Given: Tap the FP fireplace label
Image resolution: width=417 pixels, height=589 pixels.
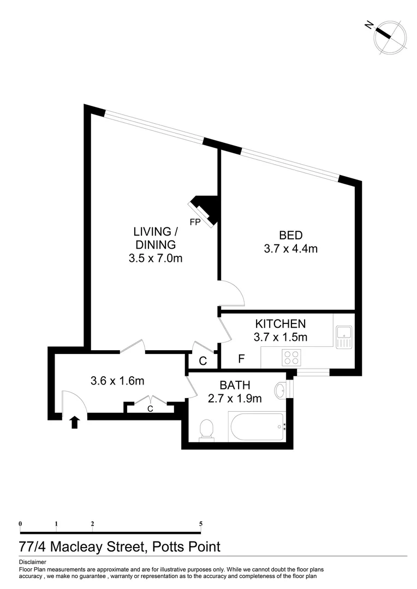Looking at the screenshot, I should coord(195,222).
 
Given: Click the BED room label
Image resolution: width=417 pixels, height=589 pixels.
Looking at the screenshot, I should coord(291,236).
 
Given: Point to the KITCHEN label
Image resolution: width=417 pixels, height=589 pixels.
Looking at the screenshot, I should coord(281,324).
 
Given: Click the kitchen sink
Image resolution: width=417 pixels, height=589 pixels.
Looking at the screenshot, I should coord(344,337).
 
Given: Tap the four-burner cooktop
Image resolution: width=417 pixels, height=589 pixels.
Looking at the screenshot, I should coord(291,357).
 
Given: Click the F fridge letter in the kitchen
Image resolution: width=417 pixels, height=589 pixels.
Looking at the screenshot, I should coord(241,359).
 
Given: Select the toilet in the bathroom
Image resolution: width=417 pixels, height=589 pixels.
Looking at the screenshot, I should coord(207,428).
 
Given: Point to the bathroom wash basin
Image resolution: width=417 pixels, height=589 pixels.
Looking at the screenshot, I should coord(282,390).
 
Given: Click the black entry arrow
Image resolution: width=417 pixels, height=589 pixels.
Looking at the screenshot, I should coord(75,422).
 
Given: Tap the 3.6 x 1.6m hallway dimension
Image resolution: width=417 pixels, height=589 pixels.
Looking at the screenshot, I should coord(117,381).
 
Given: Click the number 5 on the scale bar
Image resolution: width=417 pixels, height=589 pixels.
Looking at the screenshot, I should coord(201,524).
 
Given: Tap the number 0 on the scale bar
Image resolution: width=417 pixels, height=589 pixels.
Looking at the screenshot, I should coord(20,524).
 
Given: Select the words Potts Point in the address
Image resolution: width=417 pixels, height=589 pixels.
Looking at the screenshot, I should coord(187,547).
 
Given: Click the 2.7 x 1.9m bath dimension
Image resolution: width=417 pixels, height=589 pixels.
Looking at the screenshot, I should coord(235,399).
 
